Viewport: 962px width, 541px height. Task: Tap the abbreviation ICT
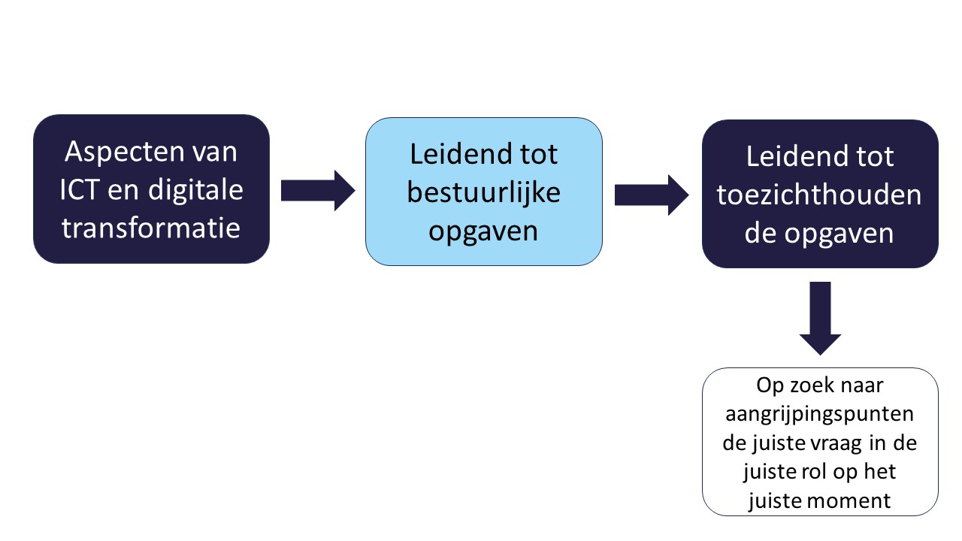(80, 190)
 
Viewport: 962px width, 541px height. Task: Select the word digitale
(196, 190)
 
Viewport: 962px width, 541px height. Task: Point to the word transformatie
(151, 228)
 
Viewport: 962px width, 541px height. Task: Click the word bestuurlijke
(483, 193)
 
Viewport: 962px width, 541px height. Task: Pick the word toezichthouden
(819, 195)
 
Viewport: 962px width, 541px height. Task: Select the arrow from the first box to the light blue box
(318, 191)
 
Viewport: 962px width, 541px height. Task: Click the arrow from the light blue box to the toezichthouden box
(652, 195)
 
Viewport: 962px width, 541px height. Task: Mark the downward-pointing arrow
(820, 318)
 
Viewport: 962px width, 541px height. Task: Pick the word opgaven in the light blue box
(483, 232)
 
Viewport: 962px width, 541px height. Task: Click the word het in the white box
(880, 471)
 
